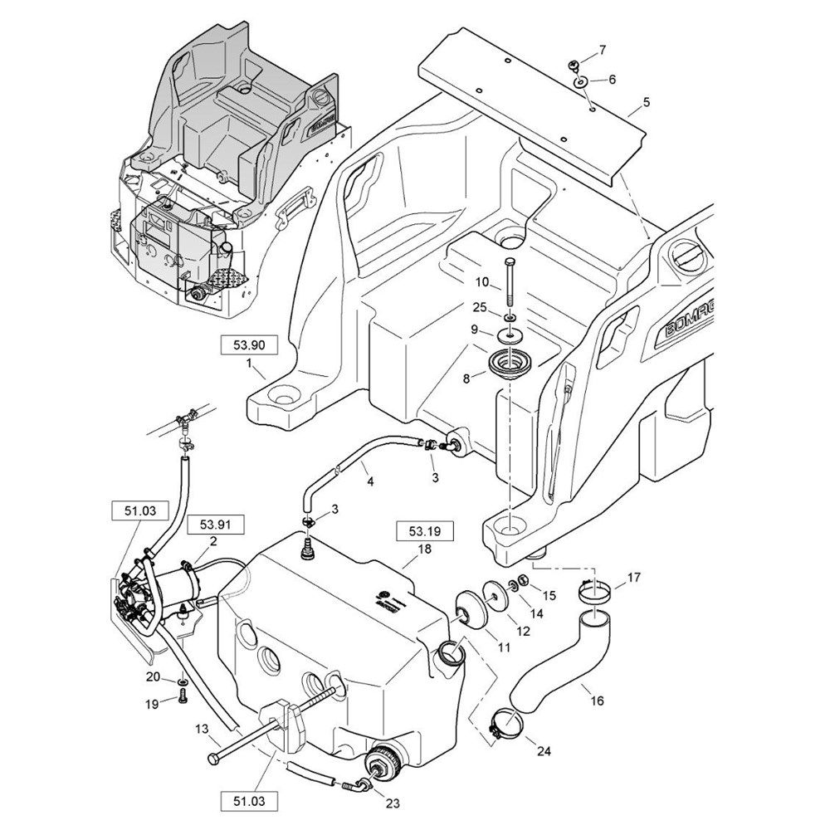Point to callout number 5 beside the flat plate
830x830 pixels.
(x=647, y=105)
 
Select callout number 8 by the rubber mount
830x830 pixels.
(x=466, y=378)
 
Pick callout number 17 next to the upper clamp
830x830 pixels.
(x=633, y=578)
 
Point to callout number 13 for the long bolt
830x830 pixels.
(x=202, y=729)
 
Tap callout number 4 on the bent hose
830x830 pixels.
(x=370, y=481)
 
